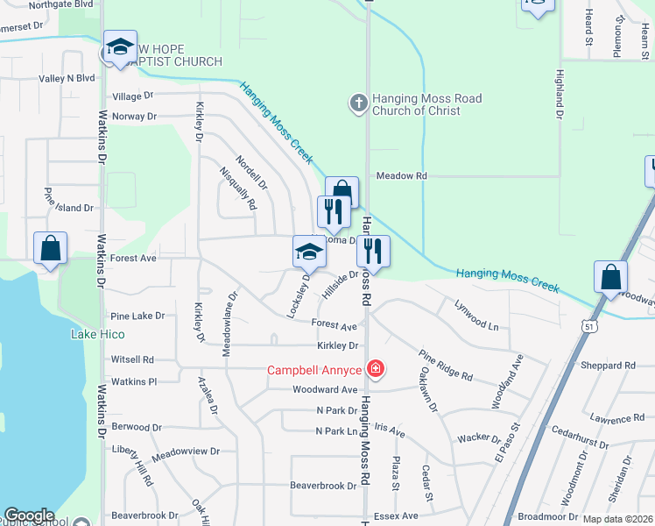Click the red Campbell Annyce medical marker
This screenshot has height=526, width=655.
[x=376, y=369]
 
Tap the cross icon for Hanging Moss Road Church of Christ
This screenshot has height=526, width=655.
[x=358, y=104]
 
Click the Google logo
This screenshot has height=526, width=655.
[x=30, y=515]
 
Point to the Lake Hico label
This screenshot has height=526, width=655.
[x=97, y=335]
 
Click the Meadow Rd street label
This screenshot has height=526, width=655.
[x=401, y=176]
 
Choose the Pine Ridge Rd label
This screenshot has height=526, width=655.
[x=445, y=365]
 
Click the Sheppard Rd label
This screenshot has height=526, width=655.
[x=607, y=366]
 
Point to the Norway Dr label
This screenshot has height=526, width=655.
[x=134, y=116]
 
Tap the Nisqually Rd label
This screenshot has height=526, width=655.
[x=237, y=188]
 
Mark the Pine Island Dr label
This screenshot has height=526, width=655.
[x=68, y=208]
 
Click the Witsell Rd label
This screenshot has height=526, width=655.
[x=132, y=359]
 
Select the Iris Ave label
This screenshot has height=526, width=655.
[x=390, y=431]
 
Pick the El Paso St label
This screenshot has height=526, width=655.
[x=508, y=442]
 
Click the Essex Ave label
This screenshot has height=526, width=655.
[x=396, y=516]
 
